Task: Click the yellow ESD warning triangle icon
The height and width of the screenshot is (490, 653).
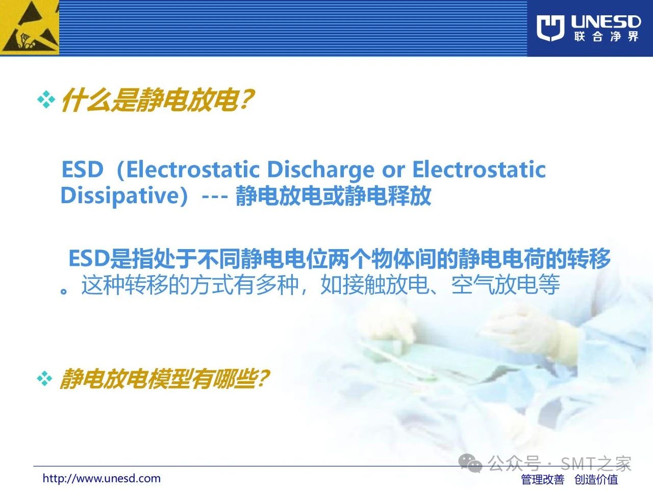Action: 29,28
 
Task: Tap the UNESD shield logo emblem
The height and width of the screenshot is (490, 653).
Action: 550,28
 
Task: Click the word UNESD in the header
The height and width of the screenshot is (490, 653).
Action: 606,22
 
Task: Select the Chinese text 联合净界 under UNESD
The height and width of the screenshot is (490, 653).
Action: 606,37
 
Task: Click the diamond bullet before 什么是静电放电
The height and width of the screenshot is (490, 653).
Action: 46,100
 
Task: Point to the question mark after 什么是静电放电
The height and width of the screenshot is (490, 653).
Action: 246,99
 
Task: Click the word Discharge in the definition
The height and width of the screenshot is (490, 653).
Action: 321,170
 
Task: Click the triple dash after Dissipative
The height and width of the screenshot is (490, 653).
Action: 215,197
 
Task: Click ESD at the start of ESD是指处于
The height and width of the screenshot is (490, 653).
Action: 89,258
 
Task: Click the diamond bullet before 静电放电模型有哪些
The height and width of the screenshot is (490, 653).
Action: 44,378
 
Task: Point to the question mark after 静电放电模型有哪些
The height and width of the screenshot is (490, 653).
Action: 262,378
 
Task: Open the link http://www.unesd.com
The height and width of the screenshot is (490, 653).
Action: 102,478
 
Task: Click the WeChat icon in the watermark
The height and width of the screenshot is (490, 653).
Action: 470,463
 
